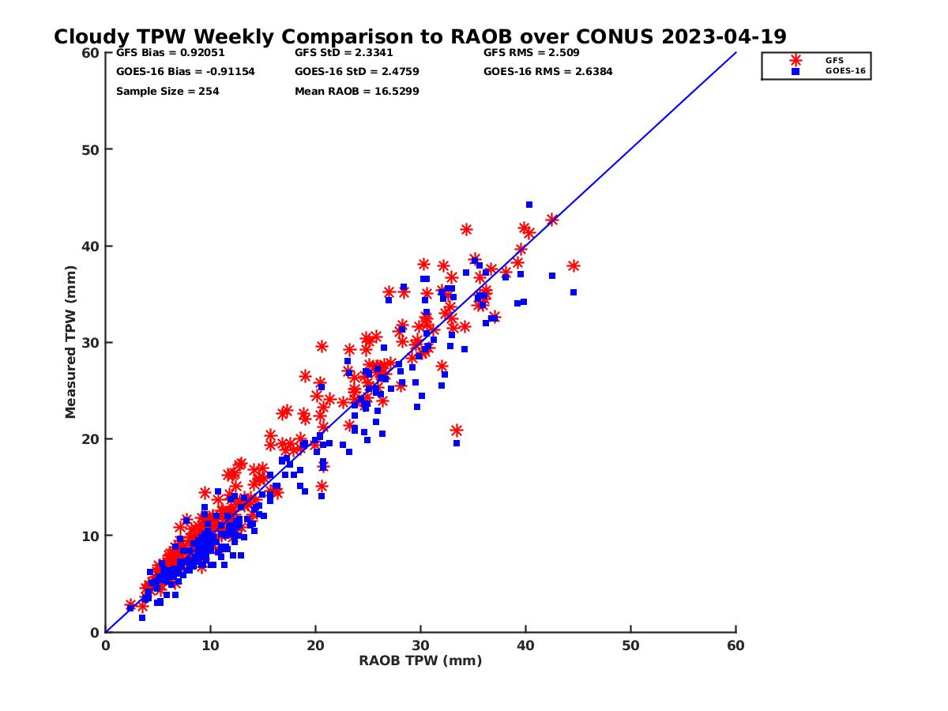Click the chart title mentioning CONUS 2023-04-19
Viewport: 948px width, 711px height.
[419, 36]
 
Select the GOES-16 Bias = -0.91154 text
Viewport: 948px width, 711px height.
[186, 72]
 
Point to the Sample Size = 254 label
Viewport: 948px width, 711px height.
[167, 92]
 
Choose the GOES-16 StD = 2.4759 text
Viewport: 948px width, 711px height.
[356, 72]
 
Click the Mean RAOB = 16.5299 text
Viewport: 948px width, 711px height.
[356, 92]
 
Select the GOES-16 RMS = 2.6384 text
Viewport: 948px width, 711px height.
[547, 72]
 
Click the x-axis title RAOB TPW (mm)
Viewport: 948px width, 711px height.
[420, 661]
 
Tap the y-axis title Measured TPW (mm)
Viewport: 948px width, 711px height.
[71, 342]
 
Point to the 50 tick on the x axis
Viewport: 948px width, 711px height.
[631, 645]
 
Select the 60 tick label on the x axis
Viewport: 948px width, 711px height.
[736, 645]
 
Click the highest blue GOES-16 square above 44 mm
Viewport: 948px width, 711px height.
[529, 205]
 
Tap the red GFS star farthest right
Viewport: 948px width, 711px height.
[574, 266]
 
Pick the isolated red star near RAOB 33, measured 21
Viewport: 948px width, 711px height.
[457, 431]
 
